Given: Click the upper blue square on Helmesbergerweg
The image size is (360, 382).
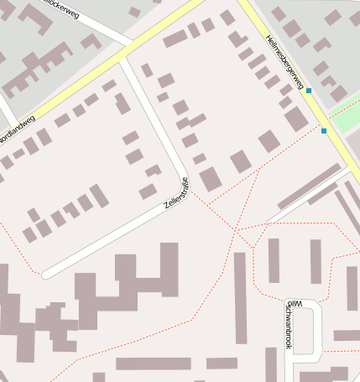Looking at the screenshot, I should [309, 91].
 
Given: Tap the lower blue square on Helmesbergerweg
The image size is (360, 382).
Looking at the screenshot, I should [324, 130].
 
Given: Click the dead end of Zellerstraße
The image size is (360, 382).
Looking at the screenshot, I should [46, 274].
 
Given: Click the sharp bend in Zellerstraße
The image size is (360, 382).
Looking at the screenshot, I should [185, 175].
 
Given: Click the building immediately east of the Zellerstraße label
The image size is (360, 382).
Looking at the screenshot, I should [210, 179].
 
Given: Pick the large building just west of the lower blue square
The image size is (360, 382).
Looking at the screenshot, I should [296, 119].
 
